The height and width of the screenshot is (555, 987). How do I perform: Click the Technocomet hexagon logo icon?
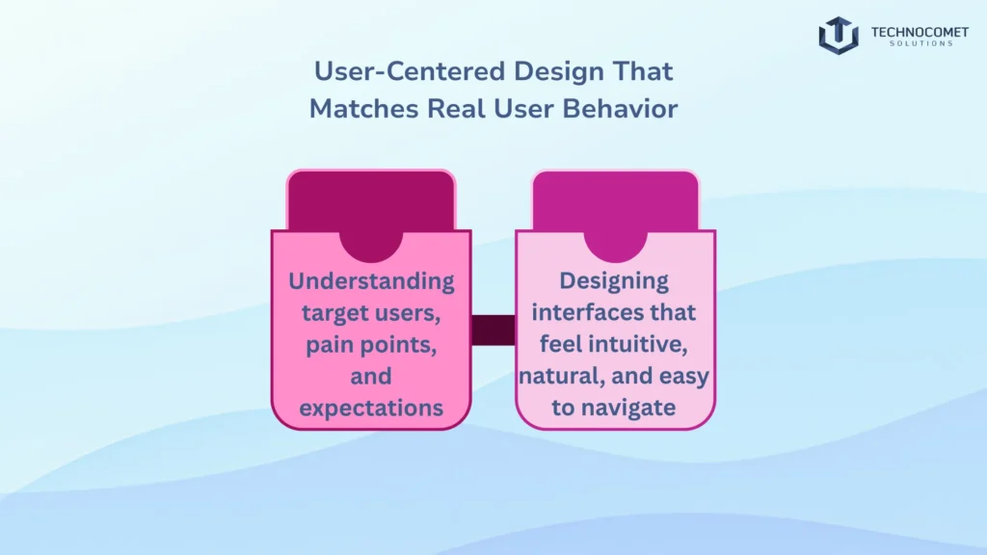[x=839, y=36]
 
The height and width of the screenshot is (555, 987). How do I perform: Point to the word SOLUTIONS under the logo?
[x=911, y=44]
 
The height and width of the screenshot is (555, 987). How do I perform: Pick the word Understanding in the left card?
[x=371, y=281]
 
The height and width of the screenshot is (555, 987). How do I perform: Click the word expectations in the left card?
[x=371, y=408]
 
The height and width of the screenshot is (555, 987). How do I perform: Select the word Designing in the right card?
[x=614, y=281]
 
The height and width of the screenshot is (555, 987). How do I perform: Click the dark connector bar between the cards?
[x=493, y=330]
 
